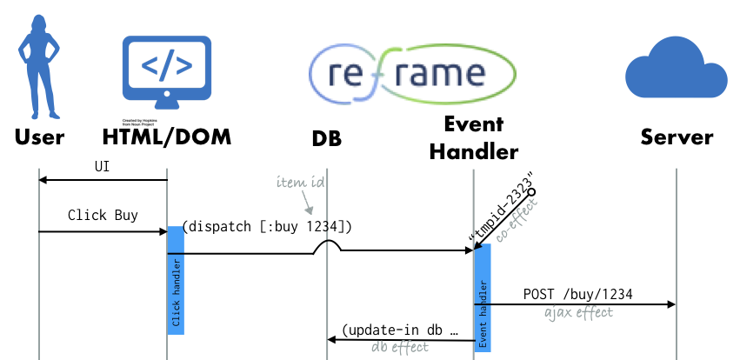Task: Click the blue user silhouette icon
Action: tap(39, 65)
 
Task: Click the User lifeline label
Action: tap(39, 137)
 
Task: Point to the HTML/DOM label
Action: tap(167, 137)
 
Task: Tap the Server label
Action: tap(677, 137)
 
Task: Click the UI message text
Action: tap(103, 166)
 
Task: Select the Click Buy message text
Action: tap(103, 215)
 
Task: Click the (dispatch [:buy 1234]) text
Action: tap(267, 227)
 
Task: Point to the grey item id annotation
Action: tap(301, 183)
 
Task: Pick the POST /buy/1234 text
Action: tap(577, 294)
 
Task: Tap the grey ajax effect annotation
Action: tap(578, 312)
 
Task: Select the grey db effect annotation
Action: tap(400, 347)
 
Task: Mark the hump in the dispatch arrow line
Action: tap(327, 247)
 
